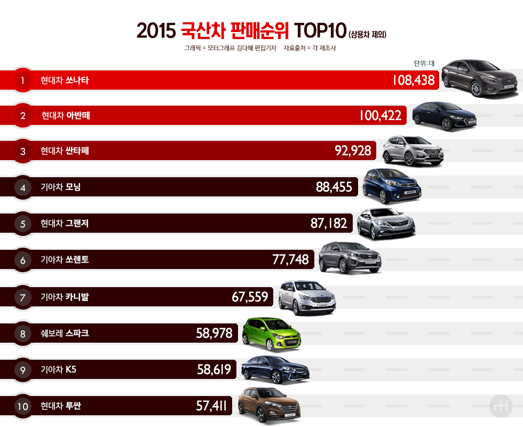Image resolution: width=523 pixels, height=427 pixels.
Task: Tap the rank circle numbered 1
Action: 22,81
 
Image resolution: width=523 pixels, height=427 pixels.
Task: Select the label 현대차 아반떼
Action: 66,116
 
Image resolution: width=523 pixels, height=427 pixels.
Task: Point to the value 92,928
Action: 353,151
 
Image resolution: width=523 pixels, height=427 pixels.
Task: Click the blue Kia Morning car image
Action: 391,186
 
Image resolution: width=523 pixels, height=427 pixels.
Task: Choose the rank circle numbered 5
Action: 22,224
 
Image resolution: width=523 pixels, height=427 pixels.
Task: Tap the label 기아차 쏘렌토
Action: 65,260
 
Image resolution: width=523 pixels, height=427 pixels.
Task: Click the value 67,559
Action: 250,297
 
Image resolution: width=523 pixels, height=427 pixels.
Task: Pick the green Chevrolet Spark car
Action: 271,334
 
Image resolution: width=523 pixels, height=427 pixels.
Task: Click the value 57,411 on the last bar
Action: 211,406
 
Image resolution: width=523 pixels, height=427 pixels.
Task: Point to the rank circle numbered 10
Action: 22,407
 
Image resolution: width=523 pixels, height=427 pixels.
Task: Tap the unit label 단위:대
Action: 424,63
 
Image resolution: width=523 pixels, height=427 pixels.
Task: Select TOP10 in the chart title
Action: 320,31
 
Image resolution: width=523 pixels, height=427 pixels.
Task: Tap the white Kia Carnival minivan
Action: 307,297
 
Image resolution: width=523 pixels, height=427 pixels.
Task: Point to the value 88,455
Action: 334,187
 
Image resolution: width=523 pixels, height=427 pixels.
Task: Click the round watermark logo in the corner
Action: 500,407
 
